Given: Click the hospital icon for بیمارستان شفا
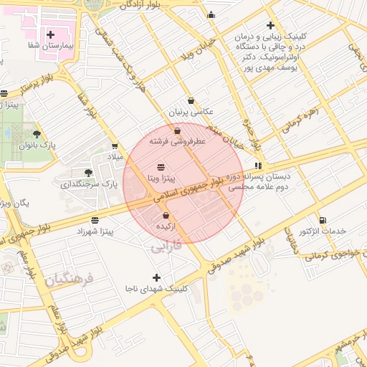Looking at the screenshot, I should [x=50, y=34].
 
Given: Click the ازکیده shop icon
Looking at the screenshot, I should [x=166, y=215].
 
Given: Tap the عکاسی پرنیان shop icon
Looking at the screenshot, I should [x=191, y=101].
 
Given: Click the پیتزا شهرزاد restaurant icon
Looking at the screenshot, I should [x=95, y=220].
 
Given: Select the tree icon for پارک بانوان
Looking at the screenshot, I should [x=37, y=133].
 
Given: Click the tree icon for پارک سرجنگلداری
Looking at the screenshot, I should [x=88, y=173].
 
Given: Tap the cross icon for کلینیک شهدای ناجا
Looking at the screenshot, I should [x=157, y=277].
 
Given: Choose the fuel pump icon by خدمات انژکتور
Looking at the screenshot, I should [x=323, y=219].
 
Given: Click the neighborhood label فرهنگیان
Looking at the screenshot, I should [x=70, y=280].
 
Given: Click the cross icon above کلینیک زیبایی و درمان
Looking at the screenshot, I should [x=270, y=26].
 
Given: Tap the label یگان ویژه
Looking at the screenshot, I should [x=14, y=203].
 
